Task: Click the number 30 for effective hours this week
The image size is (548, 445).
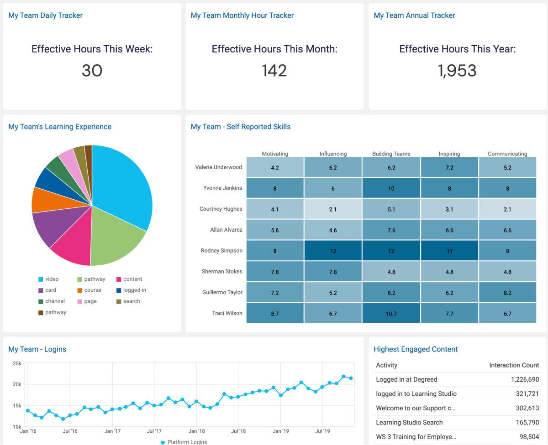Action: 92,71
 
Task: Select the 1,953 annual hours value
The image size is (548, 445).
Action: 457,71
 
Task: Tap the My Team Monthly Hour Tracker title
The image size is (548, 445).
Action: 242,16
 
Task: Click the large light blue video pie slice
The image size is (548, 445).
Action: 123,187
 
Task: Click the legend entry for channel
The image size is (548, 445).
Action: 55,301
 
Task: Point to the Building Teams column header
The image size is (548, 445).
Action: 391,154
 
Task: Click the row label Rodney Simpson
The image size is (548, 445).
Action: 221,251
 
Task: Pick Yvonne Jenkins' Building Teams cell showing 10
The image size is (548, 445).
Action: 391,188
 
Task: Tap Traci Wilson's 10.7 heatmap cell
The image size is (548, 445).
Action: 391,314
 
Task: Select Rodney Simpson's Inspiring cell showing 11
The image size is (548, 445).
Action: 449,251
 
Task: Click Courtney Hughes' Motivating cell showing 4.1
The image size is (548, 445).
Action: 275,209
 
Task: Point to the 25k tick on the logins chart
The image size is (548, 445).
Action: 17,363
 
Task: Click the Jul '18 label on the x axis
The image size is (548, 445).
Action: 238,431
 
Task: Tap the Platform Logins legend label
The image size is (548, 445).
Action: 187,442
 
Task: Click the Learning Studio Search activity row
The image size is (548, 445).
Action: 409,422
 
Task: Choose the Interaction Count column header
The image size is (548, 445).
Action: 514,365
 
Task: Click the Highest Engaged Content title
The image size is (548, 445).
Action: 416,349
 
